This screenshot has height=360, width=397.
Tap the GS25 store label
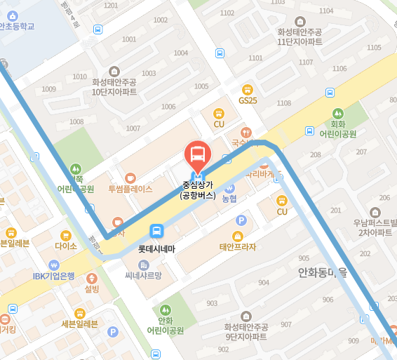[248, 100]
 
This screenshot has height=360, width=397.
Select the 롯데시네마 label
[156, 248]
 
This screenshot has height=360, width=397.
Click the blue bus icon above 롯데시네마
[156, 232]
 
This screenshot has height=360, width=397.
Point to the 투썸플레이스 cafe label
[130, 189]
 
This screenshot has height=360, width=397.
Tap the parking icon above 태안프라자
[241, 221]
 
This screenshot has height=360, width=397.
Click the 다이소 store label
[65, 246]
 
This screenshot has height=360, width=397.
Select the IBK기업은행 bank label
[53, 276]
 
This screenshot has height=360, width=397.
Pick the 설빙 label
[92, 288]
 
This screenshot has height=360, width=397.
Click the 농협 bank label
[229, 199]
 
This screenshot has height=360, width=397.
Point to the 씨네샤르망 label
[143, 275]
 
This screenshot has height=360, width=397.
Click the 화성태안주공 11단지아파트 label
[300, 36]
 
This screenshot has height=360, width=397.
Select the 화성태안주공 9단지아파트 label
[246, 331]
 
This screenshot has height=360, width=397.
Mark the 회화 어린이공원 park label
[338, 128]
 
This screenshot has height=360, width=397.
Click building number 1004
[181, 53]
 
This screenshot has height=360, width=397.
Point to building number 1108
[283, 104]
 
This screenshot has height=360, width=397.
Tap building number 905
[303, 258]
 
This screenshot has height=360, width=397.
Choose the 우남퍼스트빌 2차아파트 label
[375, 227]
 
